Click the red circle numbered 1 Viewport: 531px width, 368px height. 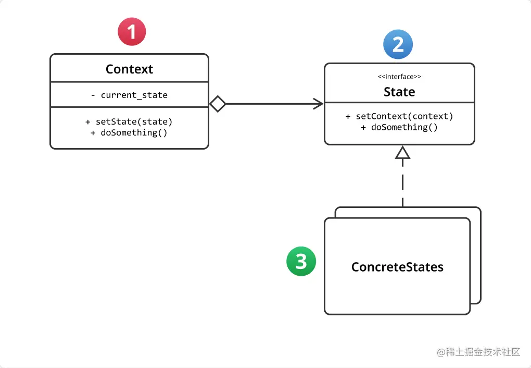[132, 32]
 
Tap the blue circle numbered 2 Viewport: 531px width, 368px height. [398, 44]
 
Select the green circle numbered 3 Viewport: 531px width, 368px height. [301, 261]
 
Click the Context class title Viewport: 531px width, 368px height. [129, 69]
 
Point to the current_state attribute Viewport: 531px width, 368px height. [129, 95]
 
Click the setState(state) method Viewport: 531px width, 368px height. [129, 121]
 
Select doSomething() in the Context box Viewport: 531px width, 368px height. [129, 132]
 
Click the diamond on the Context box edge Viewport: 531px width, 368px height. [218, 104]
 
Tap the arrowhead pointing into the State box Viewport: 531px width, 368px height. [318, 104]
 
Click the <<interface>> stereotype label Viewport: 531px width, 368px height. [399, 77]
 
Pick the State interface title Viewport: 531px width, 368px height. [399, 92]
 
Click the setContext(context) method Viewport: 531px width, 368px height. [399, 116]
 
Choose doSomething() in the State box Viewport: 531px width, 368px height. [399, 127]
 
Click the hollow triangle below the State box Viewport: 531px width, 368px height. [403, 152]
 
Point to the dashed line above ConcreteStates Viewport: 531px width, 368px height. [403, 182]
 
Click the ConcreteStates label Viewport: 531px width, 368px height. [397, 267]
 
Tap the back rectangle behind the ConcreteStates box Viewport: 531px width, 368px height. [476, 255]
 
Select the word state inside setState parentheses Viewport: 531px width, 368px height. [155, 121]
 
